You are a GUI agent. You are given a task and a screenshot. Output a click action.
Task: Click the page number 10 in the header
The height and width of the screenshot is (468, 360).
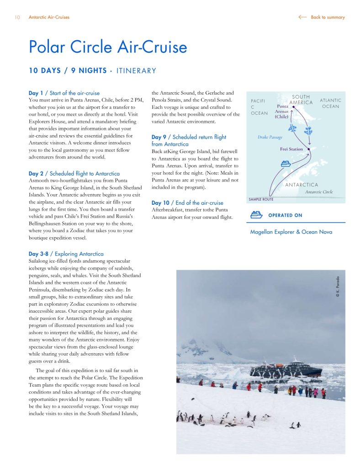17,17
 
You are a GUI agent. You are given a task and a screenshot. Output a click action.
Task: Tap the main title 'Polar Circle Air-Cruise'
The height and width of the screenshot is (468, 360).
108,47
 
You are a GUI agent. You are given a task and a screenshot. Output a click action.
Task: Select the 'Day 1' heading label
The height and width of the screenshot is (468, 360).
36,93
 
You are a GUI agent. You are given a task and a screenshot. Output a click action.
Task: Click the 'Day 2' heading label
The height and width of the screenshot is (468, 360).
36,174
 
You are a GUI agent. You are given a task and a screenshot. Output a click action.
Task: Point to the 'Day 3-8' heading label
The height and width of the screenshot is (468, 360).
40,254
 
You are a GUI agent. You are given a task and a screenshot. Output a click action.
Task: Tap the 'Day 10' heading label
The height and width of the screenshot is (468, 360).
160,203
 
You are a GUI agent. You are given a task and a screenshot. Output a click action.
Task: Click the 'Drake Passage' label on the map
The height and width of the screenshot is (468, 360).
270,137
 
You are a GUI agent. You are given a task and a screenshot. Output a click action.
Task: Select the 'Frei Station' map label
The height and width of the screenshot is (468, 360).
291,149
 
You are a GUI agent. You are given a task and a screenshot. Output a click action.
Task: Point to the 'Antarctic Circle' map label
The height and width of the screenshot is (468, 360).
319,192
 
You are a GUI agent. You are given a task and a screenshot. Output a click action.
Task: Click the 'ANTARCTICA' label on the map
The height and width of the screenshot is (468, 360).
302,185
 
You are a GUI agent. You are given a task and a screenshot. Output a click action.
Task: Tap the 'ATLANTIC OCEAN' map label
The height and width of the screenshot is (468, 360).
330,103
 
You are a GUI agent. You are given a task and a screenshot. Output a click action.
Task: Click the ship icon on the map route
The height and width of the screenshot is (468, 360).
286,163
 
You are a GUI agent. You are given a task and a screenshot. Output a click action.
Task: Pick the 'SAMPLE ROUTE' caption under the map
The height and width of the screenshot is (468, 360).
261,199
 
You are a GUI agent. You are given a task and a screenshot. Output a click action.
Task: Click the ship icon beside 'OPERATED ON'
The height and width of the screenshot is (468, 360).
256,215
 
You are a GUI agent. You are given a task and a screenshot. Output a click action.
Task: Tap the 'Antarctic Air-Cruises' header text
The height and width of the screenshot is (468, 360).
49,17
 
